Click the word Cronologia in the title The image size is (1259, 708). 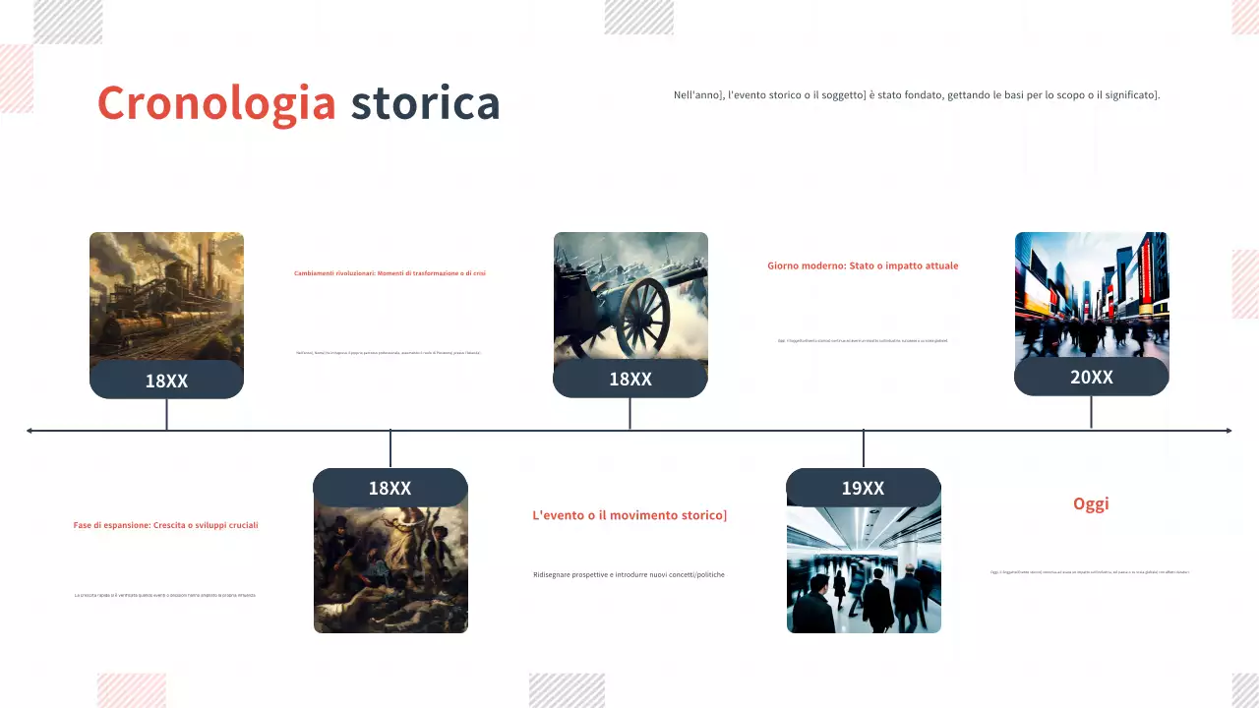(216, 103)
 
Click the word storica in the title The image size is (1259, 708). (425, 103)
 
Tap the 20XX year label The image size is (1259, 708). (1091, 377)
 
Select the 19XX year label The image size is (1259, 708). (863, 488)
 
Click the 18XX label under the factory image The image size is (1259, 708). (166, 381)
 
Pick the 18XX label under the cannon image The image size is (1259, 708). (629, 379)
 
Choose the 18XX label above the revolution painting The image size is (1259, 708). (390, 488)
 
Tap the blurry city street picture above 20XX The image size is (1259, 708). (1091, 294)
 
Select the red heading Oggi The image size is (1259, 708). (1091, 503)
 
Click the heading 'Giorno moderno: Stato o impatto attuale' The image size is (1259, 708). (863, 265)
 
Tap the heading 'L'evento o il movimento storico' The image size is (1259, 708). (629, 514)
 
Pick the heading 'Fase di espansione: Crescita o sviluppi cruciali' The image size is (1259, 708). (165, 525)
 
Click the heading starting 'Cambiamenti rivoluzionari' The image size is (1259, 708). (390, 273)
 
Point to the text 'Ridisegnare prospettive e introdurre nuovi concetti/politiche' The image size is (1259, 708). (629, 574)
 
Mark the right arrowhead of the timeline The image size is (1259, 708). (1228, 430)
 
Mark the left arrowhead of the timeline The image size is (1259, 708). (30, 430)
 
